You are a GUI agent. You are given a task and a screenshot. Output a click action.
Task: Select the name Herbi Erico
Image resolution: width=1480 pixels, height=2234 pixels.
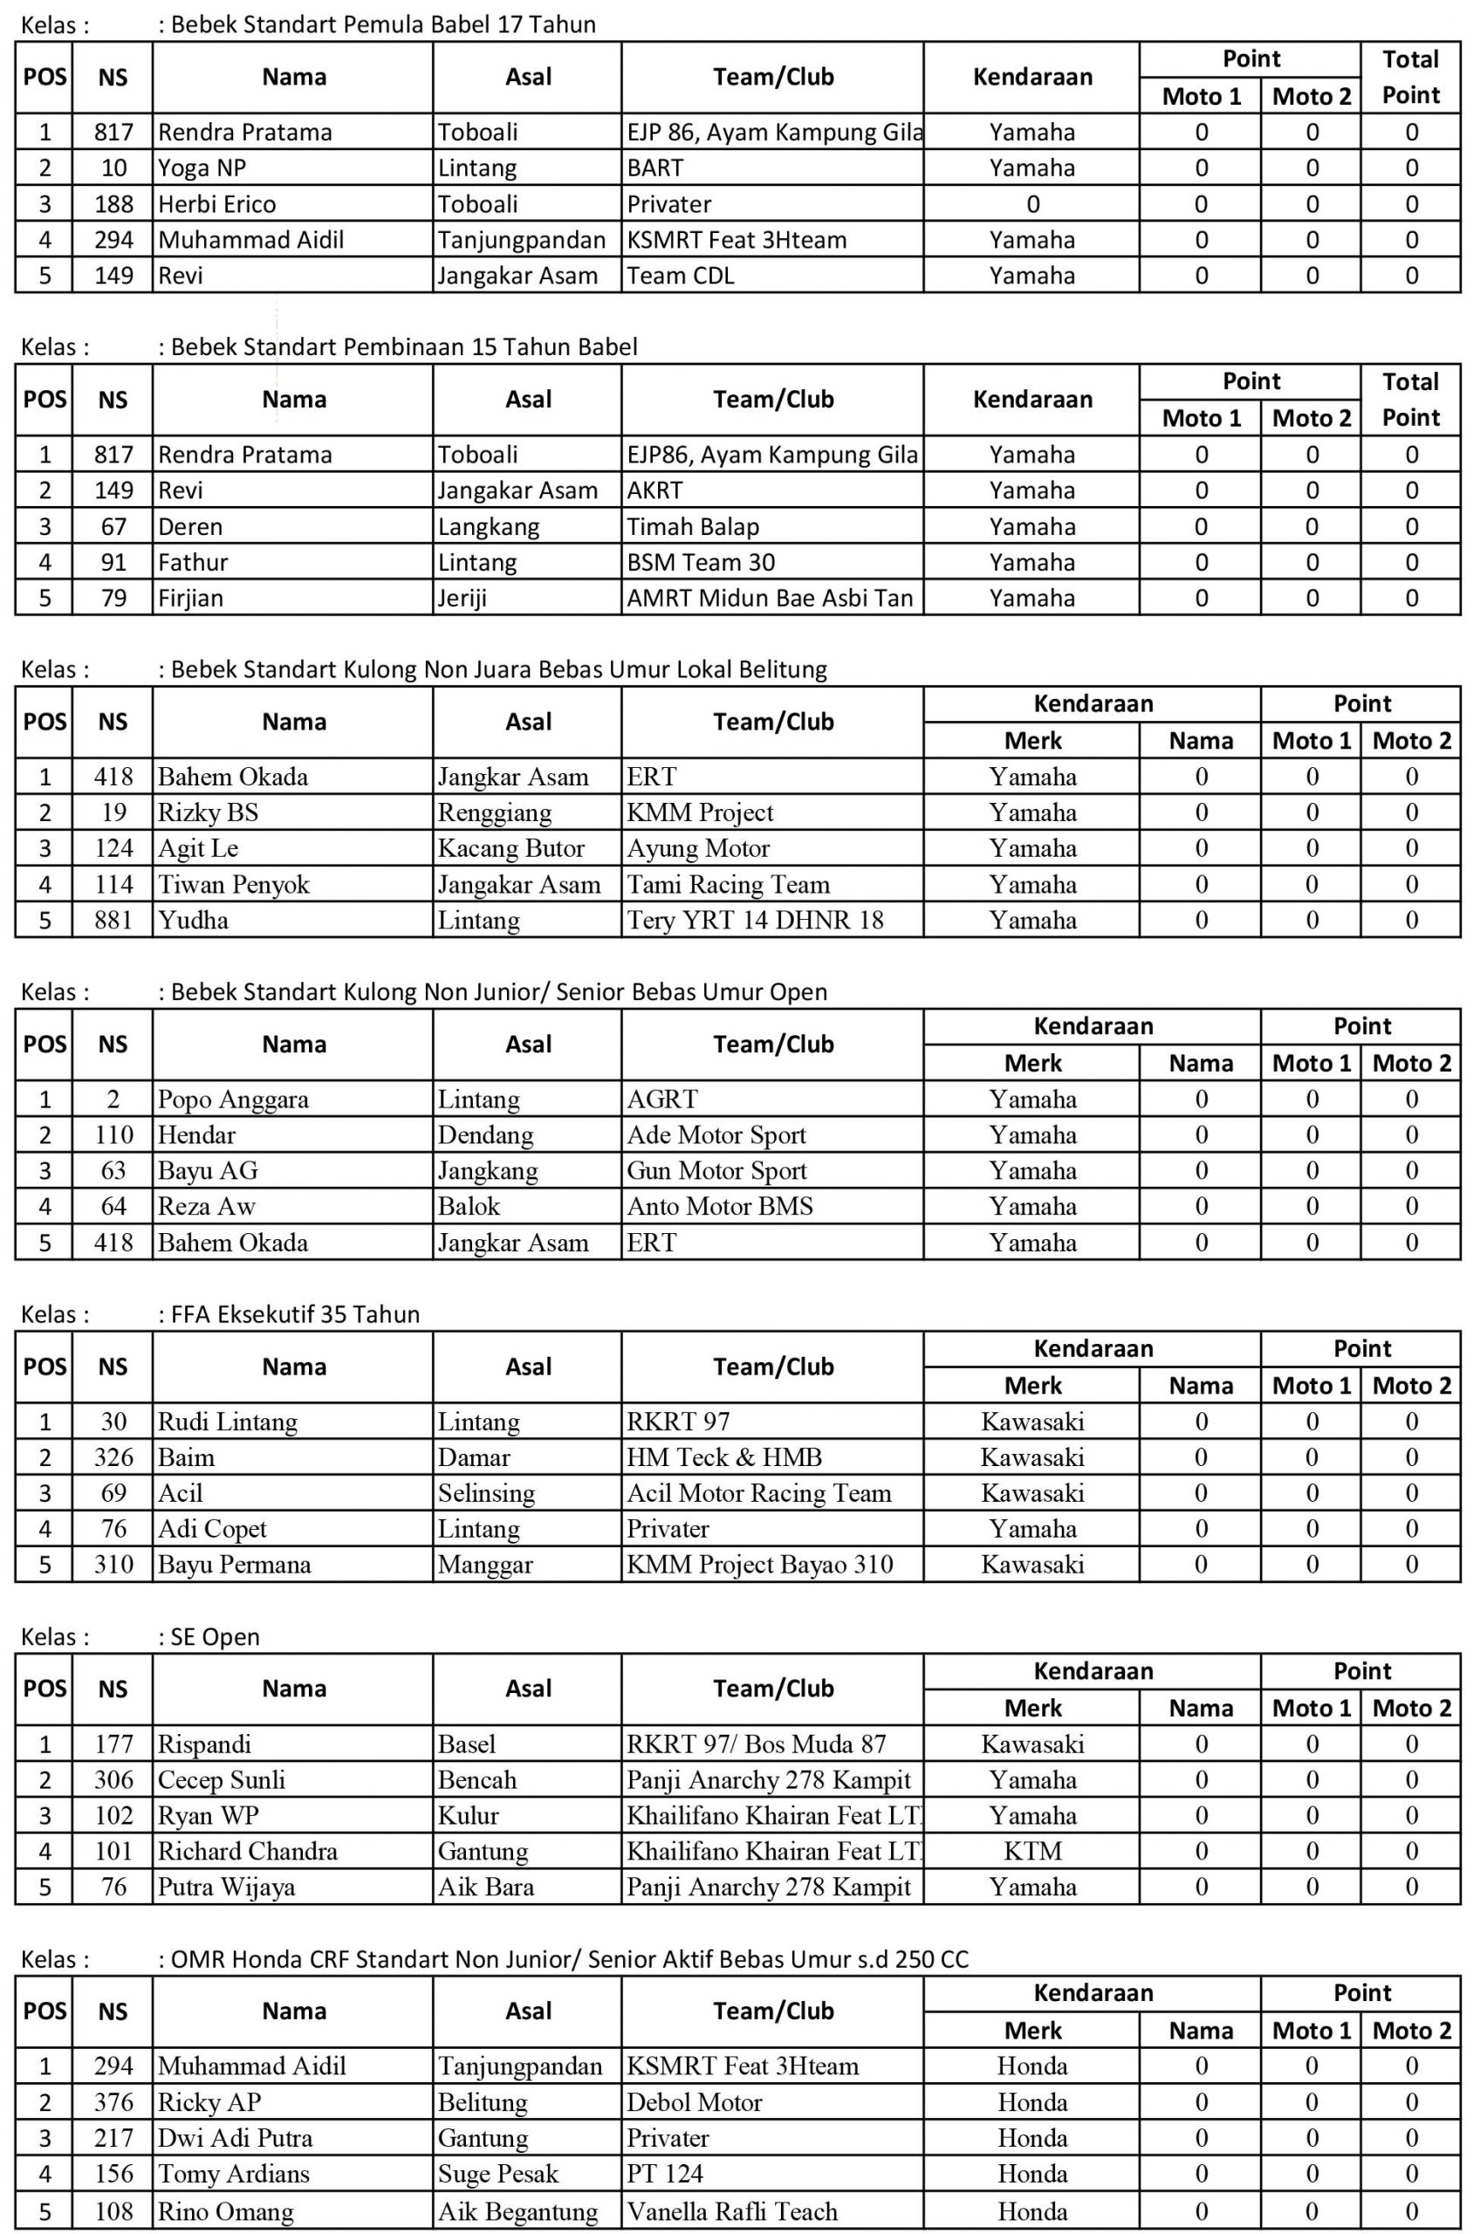[217, 204]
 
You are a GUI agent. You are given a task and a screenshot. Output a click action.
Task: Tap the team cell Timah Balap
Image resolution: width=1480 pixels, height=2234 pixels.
[693, 526]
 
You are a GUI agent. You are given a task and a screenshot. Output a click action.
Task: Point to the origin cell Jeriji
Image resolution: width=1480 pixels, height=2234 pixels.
[462, 599]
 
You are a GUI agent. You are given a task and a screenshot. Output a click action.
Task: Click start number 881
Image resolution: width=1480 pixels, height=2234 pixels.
[113, 920]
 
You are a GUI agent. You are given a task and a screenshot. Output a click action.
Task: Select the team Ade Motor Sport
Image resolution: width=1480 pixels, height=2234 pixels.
[716, 1134]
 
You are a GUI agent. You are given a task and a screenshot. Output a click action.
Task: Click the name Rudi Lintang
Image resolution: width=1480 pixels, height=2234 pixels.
[228, 1422]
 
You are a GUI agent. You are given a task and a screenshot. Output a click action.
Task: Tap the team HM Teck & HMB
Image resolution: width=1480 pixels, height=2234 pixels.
[724, 1457]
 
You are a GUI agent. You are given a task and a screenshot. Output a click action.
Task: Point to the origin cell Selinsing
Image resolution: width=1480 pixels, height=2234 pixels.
[486, 1493]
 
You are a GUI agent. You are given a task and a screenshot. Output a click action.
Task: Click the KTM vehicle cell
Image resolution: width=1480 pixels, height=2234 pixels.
[1032, 1851]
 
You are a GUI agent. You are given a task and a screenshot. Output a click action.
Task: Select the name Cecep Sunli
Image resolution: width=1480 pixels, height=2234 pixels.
[221, 1779]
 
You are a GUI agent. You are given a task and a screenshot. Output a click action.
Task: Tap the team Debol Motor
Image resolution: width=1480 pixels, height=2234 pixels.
[694, 2102]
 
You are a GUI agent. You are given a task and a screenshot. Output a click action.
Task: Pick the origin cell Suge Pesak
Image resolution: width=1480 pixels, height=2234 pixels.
[497, 2174]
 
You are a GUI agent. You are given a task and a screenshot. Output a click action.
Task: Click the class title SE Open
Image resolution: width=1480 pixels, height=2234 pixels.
[215, 1636]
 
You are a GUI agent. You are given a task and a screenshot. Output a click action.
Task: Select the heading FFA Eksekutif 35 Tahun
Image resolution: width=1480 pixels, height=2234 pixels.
[294, 1314]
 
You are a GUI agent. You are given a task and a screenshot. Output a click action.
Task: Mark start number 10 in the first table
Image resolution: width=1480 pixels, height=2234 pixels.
[113, 168]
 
